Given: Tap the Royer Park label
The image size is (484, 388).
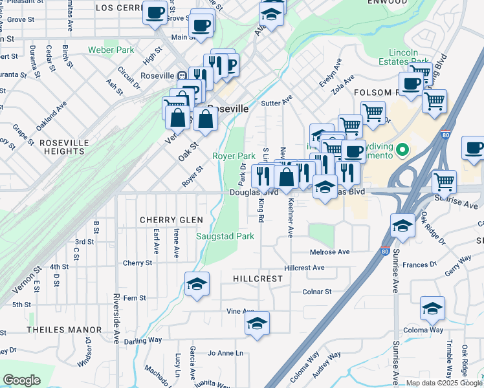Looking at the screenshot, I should point(234,156).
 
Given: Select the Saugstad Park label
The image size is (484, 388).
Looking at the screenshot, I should point(225,237).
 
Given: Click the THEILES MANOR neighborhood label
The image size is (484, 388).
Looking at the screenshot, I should point(64,330).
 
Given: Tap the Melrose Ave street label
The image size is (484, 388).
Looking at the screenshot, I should point(329,252).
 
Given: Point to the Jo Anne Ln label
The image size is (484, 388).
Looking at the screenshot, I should point(225,353).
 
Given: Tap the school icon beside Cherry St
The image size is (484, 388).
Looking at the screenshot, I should point(196,284).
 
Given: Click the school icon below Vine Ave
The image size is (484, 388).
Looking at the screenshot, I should point(257,322).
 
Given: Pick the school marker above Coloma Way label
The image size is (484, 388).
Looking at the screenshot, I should point(432,308).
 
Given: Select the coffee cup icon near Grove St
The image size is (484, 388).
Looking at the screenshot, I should point(155,12).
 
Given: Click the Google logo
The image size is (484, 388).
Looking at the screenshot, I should point(21,380).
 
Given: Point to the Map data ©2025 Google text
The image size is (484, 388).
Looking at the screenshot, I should point(445,383).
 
